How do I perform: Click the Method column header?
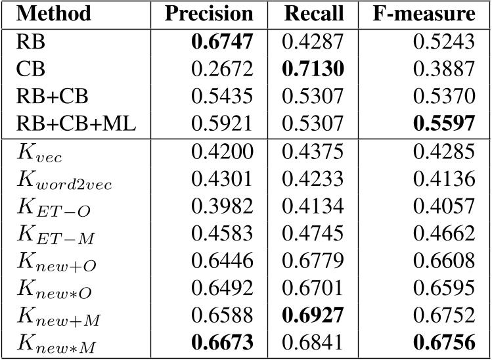click(x=54, y=14)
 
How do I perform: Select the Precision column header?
click(x=208, y=14)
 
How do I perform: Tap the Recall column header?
click(x=313, y=14)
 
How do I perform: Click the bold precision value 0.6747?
click(x=222, y=43)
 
